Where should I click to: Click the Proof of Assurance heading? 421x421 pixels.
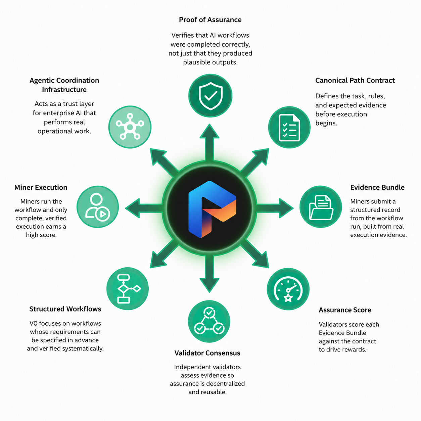[210, 20]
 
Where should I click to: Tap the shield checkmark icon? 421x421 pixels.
[210, 96]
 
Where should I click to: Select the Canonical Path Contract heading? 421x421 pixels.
[355, 80]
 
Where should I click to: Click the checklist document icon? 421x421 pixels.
[289, 127]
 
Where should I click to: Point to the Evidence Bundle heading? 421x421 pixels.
[377, 187]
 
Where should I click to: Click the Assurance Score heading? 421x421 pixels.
[345, 310]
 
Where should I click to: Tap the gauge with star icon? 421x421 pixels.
[288, 289]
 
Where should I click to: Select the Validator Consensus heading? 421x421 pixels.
[207, 353]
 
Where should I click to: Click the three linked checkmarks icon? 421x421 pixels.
[209, 321]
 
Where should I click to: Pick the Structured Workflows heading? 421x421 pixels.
[65, 309]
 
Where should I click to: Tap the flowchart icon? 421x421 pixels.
[128, 289]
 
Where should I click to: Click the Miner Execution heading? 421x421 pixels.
[41, 187]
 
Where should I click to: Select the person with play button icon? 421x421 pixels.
[98, 207]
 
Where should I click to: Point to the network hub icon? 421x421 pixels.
[130, 127]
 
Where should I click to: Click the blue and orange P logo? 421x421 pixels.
[212, 209]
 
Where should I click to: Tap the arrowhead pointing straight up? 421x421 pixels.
[209, 131]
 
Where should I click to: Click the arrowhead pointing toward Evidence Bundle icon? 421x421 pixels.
[286, 208]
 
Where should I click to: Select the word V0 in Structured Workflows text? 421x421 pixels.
[34, 323]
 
